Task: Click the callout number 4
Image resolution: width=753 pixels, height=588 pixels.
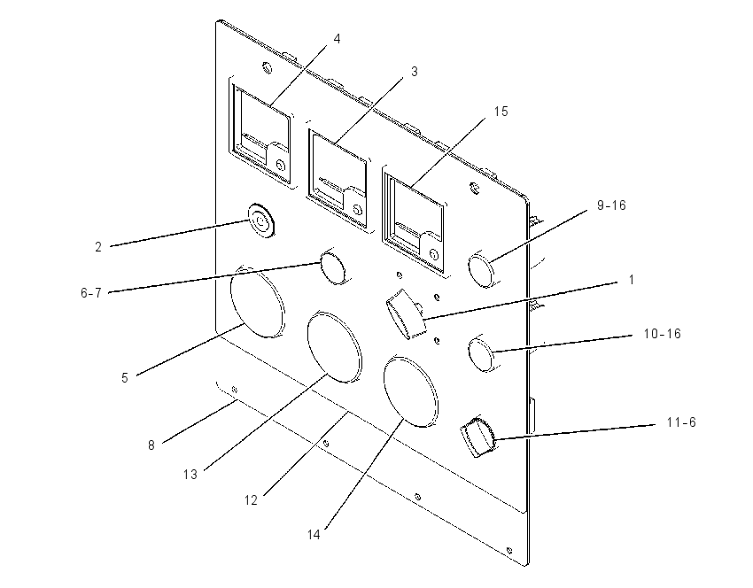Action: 338,39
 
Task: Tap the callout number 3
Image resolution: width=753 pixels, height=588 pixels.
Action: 414,72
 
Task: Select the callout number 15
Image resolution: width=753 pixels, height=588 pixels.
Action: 501,112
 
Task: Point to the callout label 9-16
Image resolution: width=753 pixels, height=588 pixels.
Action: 611,205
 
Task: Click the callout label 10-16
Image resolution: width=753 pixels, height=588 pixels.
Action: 663,334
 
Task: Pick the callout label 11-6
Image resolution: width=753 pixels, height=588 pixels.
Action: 681,422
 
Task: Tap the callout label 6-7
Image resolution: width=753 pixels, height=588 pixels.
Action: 91,293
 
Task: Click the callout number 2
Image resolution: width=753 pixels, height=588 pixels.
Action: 98,247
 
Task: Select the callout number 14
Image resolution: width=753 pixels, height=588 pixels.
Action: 314,535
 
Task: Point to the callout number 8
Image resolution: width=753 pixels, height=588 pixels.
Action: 151,445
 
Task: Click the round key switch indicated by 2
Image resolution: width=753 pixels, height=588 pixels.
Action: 261,221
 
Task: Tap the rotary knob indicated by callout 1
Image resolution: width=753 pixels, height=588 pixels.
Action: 407,313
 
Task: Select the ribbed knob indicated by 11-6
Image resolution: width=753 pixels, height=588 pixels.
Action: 478,437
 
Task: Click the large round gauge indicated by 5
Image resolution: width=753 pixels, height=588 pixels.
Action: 257,301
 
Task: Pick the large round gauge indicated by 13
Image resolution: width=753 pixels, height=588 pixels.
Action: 334,347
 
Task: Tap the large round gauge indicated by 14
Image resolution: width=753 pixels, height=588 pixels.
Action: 411,391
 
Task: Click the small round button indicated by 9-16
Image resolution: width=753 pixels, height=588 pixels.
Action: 482,270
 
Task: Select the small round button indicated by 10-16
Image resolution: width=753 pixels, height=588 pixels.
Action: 482,354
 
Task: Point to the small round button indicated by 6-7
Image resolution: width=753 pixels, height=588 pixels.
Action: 334,267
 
